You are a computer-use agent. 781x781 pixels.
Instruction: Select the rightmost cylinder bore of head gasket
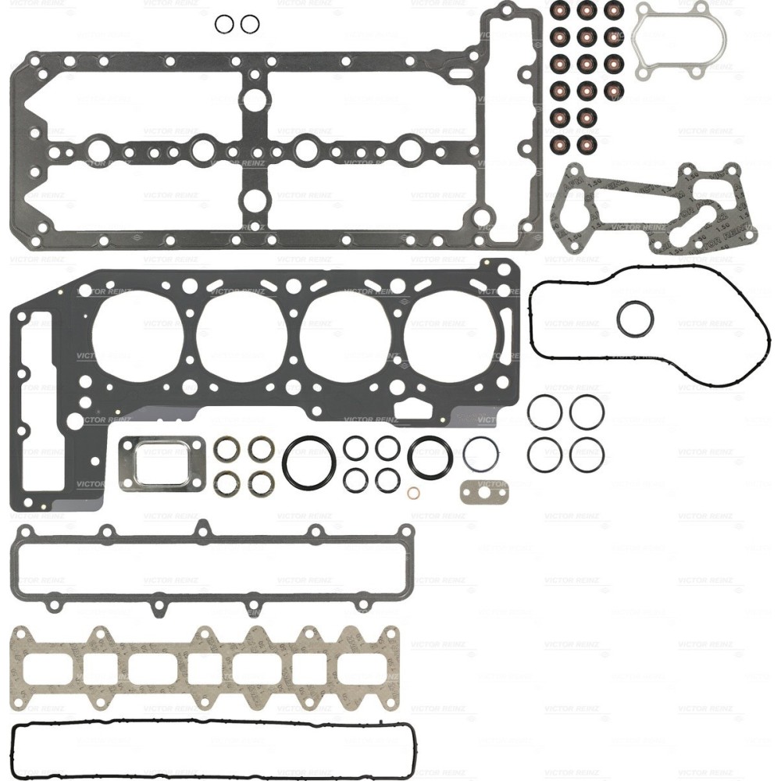pos(449,338)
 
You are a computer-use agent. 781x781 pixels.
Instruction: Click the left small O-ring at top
pos(224,25)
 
